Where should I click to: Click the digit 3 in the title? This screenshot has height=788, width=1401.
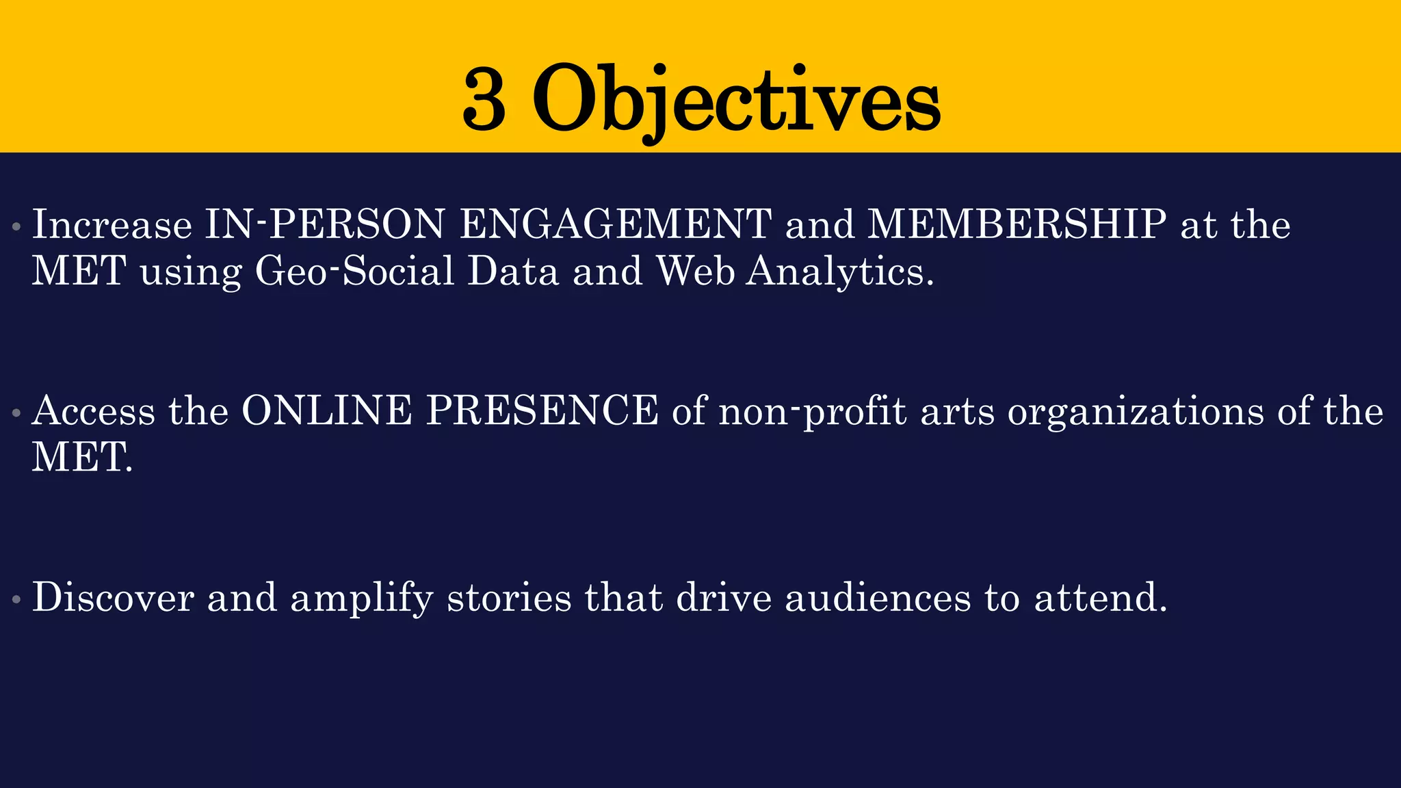pyautogui.click(x=484, y=100)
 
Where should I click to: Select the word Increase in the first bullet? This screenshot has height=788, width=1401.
pyautogui.click(x=112, y=224)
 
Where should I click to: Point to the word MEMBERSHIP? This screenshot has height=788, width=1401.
pyautogui.click(x=1017, y=224)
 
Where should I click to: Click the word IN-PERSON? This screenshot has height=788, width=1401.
pyautogui.click(x=325, y=224)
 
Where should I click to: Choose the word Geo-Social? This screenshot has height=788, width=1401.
pyautogui.click(x=354, y=271)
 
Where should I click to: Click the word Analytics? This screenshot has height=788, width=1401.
pyautogui.click(x=840, y=271)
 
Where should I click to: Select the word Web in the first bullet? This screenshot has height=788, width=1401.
pyautogui.click(x=695, y=271)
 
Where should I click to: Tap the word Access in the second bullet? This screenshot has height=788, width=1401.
pyautogui.click(x=94, y=411)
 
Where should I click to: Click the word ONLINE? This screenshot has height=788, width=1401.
pyautogui.click(x=327, y=411)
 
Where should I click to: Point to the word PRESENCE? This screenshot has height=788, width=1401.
pyautogui.click(x=542, y=411)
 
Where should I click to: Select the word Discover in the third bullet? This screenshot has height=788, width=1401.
pyautogui.click(x=113, y=597)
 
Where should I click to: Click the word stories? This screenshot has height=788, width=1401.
pyautogui.click(x=509, y=597)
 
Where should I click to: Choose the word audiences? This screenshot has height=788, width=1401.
pyautogui.click(x=878, y=597)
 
